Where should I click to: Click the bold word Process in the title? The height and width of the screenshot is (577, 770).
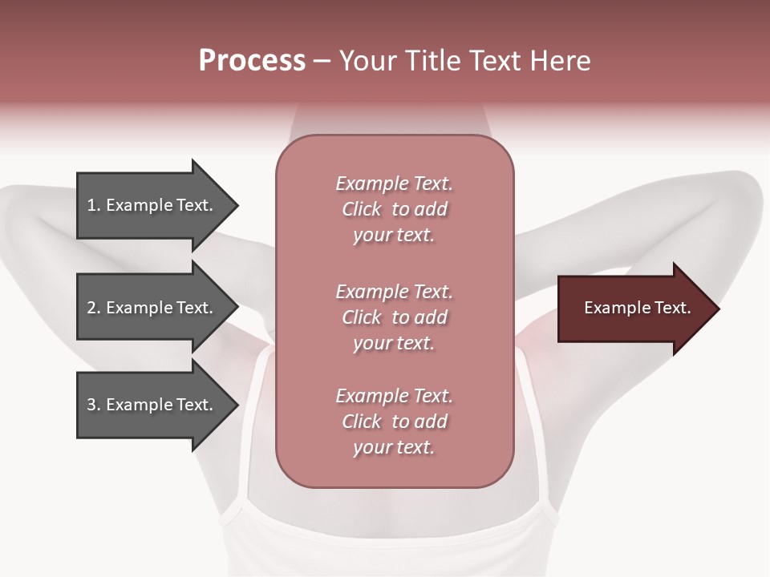pos(252,61)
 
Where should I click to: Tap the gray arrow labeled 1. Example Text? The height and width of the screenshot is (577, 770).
pos(152,205)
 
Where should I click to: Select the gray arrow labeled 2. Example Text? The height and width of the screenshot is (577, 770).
pos(152,308)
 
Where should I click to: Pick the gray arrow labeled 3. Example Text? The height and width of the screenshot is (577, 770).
pos(152,405)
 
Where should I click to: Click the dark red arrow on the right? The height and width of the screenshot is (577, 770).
pos(634,309)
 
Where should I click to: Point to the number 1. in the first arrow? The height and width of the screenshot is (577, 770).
pos(94,205)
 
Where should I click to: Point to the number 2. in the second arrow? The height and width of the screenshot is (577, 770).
pos(94,308)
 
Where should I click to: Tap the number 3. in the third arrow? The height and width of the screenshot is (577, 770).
pos(94,405)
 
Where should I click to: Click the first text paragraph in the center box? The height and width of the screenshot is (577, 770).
pos(394,209)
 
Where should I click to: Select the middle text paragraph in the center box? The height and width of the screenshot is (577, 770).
pos(394,317)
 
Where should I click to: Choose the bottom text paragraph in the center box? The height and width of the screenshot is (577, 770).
pos(394,422)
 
